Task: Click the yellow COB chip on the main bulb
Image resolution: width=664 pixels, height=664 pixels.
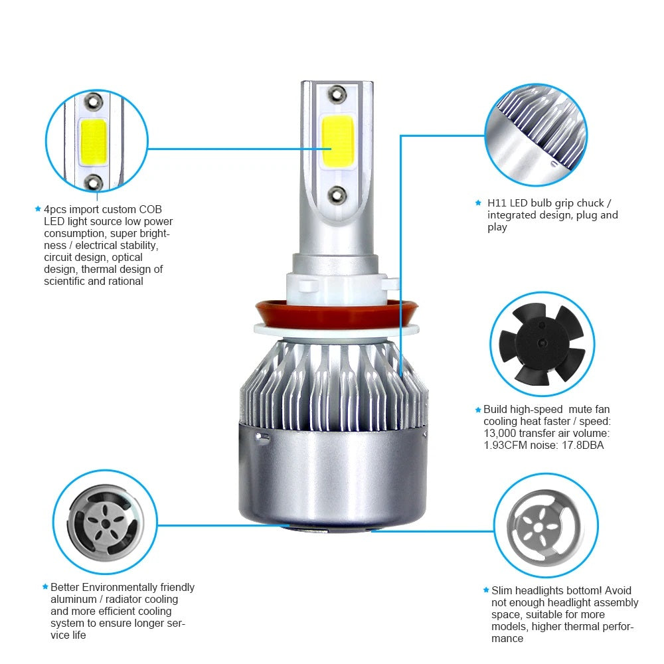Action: click(336, 141)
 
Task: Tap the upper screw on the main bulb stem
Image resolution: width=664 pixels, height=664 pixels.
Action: click(335, 94)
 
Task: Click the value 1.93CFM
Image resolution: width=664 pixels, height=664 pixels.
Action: click(507, 446)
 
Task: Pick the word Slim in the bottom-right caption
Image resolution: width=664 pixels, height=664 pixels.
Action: click(502, 590)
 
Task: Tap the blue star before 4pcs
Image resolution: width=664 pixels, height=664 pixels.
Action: click(38, 208)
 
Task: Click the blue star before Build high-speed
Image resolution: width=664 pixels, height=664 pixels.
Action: click(477, 410)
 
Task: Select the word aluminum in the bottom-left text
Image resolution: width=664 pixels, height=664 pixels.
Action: click(72, 599)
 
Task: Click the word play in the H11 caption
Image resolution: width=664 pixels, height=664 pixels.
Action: click(497, 227)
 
